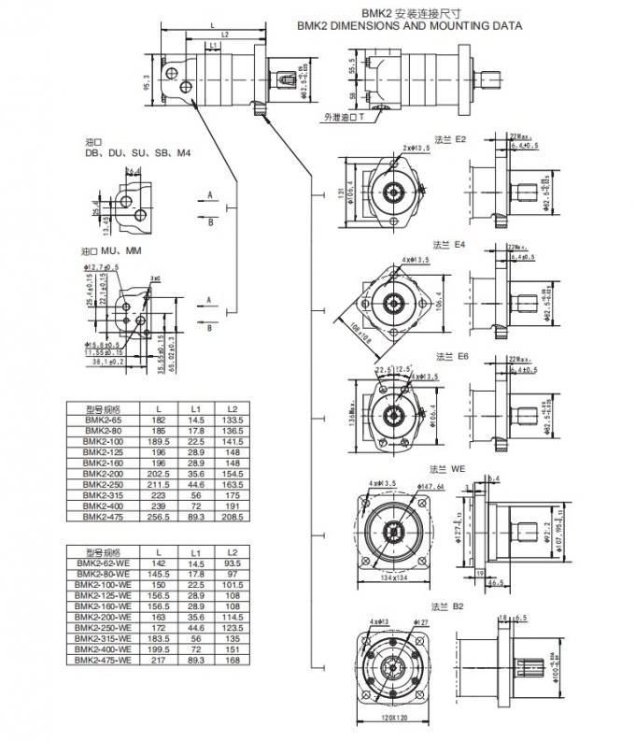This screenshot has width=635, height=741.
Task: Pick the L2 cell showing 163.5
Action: point(234,485)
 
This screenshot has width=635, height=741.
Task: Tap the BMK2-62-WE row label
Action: point(103,564)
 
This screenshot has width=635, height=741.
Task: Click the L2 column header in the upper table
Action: point(234,409)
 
